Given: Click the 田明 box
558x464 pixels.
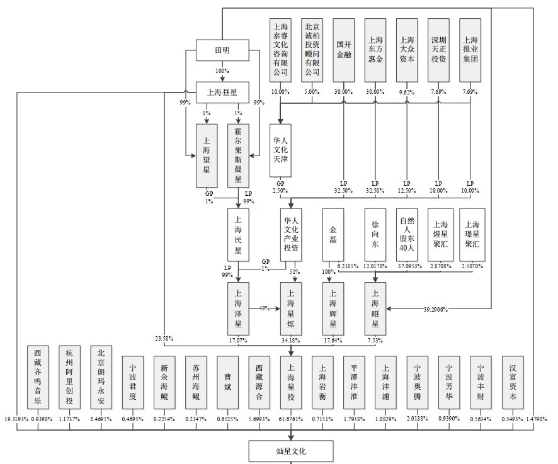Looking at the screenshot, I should pos(222,51).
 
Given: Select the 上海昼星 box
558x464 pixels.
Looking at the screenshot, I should pos(222,91).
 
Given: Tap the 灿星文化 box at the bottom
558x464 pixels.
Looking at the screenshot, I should pos(291,451).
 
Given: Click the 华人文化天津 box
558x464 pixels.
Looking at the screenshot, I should pos(280,151).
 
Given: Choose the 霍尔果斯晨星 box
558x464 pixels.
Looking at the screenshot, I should pos(238,154).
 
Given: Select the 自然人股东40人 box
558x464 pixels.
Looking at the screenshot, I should pos(407,234).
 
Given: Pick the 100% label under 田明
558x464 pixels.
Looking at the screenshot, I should pos(222,71).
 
